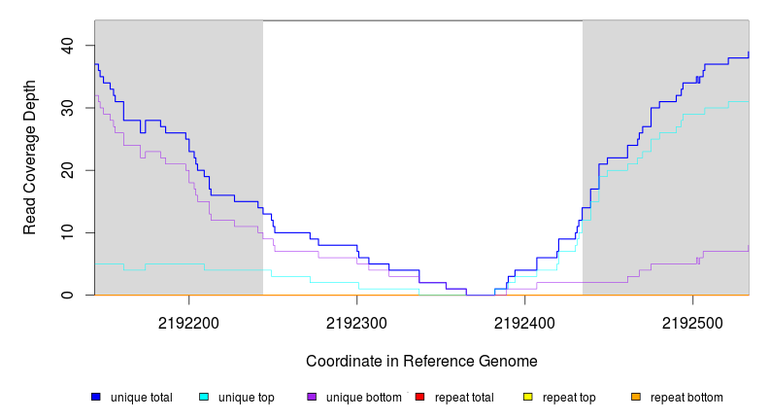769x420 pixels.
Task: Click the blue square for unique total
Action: click(x=96, y=397)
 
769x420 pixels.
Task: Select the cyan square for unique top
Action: click(x=204, y=397)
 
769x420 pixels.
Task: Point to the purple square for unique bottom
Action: click(x=312, y=397)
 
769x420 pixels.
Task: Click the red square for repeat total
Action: click(x=419, y=397)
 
